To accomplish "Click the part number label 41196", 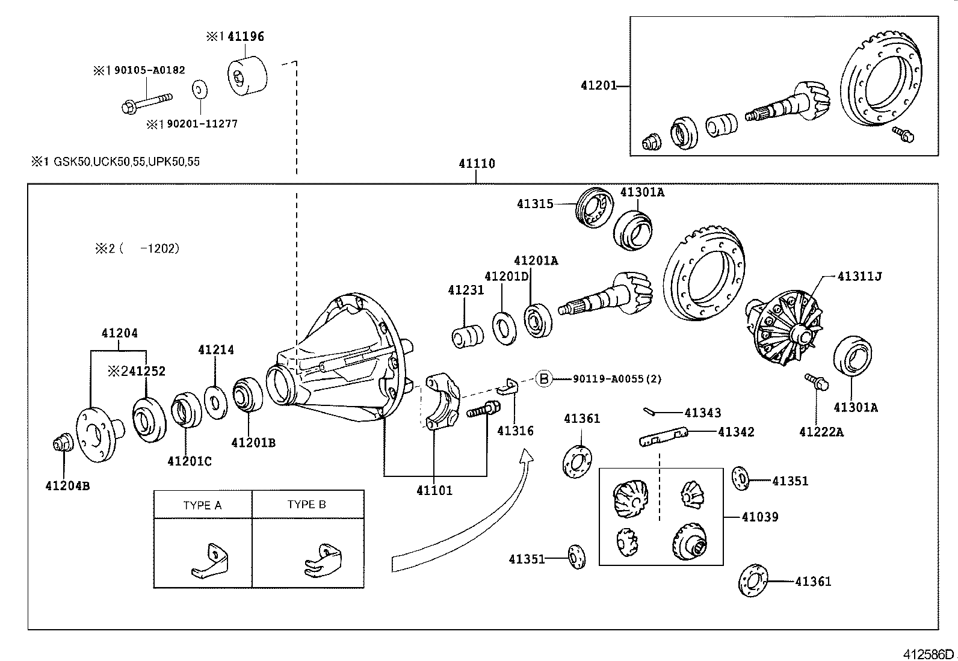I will tap(246, 37).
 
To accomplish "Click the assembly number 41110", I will tap(477, 164).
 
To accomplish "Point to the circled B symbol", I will tap(543, 378).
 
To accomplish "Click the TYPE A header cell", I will tap(203, 505).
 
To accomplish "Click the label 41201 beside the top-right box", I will tap(599, 85).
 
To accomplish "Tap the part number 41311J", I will tap(859, 277).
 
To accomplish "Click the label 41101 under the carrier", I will tap(434, 491).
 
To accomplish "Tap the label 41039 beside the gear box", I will tap(760, 517).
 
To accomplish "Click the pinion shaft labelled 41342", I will tap(662, 437).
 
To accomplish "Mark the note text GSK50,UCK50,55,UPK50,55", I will tap(127, 162).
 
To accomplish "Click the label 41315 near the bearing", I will tap(535, 204).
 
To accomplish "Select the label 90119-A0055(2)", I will tap(617, 379).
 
